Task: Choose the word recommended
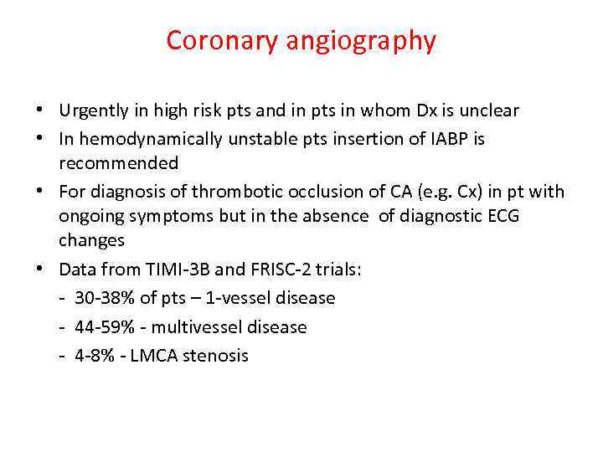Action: point(118,162)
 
